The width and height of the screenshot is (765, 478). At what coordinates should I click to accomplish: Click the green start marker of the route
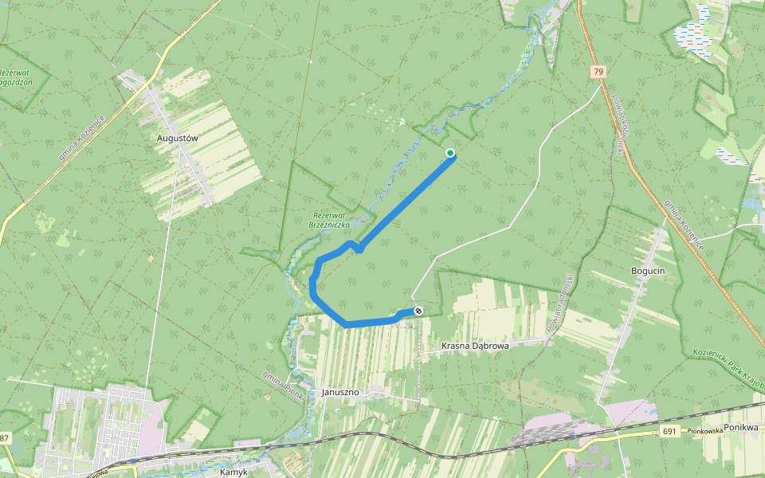click(x=450, y=153)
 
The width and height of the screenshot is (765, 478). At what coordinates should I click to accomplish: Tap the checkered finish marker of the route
click(x=418, y=311)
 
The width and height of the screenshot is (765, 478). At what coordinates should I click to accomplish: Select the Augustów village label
click(x=177, y=137)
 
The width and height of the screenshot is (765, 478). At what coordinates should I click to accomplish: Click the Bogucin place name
click(x=647, y=271)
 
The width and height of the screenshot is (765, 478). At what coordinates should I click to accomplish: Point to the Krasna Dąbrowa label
click(x=475, y=346)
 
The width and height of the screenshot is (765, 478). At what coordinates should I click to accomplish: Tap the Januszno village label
click(x=342, y=392)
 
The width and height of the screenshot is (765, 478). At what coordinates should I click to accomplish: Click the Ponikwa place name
click(x=740, y=427)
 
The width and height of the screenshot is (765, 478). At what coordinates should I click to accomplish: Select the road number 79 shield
click(x=598, y=72)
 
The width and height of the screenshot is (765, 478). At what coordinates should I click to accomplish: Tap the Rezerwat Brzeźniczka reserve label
click(x=329, y=220)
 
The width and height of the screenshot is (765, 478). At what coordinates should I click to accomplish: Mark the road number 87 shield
click(x=4, y=439)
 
